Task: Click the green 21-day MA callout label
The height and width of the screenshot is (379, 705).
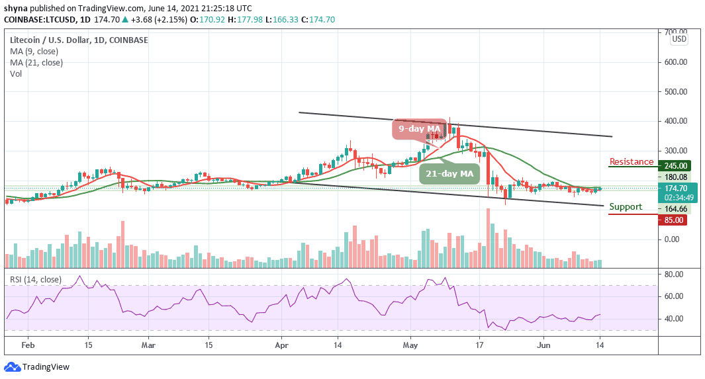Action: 448,174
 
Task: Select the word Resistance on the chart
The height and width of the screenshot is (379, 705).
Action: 631,161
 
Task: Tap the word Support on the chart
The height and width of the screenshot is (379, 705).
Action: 626,207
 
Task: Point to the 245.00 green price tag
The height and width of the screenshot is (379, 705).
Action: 675,166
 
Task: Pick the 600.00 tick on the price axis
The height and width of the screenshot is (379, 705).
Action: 675,62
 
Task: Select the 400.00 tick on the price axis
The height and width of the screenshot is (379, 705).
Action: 675,121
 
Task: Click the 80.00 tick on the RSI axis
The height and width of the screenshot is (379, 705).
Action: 675,273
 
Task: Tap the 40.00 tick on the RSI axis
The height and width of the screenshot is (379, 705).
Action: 675,319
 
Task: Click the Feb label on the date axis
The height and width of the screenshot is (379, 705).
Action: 28,345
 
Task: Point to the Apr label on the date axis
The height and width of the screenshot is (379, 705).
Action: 283,345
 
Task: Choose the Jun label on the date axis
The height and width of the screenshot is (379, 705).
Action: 543,345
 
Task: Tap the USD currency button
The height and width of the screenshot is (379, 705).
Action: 679,39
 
